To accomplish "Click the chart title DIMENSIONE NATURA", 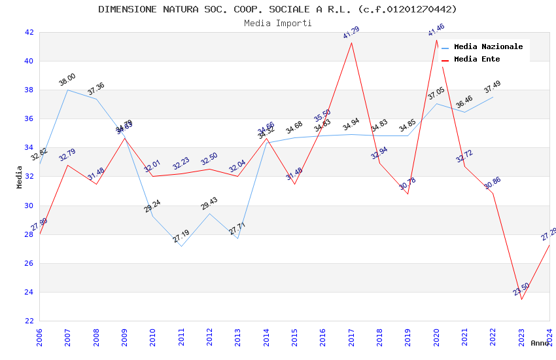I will (x=277, y=9).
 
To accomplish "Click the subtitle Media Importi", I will (x=277, y=23).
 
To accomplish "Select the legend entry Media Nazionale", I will (x=488, y=47).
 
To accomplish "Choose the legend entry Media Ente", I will (x=477, y=60).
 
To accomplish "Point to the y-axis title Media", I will (x=20, y=177).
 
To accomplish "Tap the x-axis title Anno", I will (x=540, y=343).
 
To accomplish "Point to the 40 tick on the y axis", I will (x=29, y=62).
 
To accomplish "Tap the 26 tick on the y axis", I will (x=29, y=263).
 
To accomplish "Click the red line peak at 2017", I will (x=351, y=43).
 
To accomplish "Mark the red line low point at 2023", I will (x=521, y=299).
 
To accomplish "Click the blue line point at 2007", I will (x=68, y=90).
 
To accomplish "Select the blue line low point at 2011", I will (x=181, y=246).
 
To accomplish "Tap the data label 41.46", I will (x=436, y=30).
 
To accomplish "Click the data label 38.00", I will (x=67, y=80).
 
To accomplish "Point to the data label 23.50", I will (x=521, y=289).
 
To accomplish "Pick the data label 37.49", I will (x=493, y=86).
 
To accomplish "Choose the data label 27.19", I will (x=181, y=237).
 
